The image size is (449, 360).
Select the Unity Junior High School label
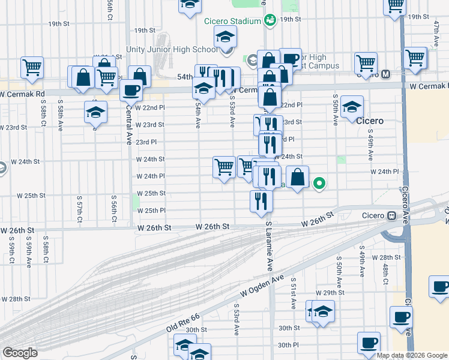click(172, 49)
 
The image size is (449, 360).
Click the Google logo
click(20, 353)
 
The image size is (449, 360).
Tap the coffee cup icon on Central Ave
click(131, 91)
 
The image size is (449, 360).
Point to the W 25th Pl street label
click(151, 211)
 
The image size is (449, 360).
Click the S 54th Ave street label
click(198, 113)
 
